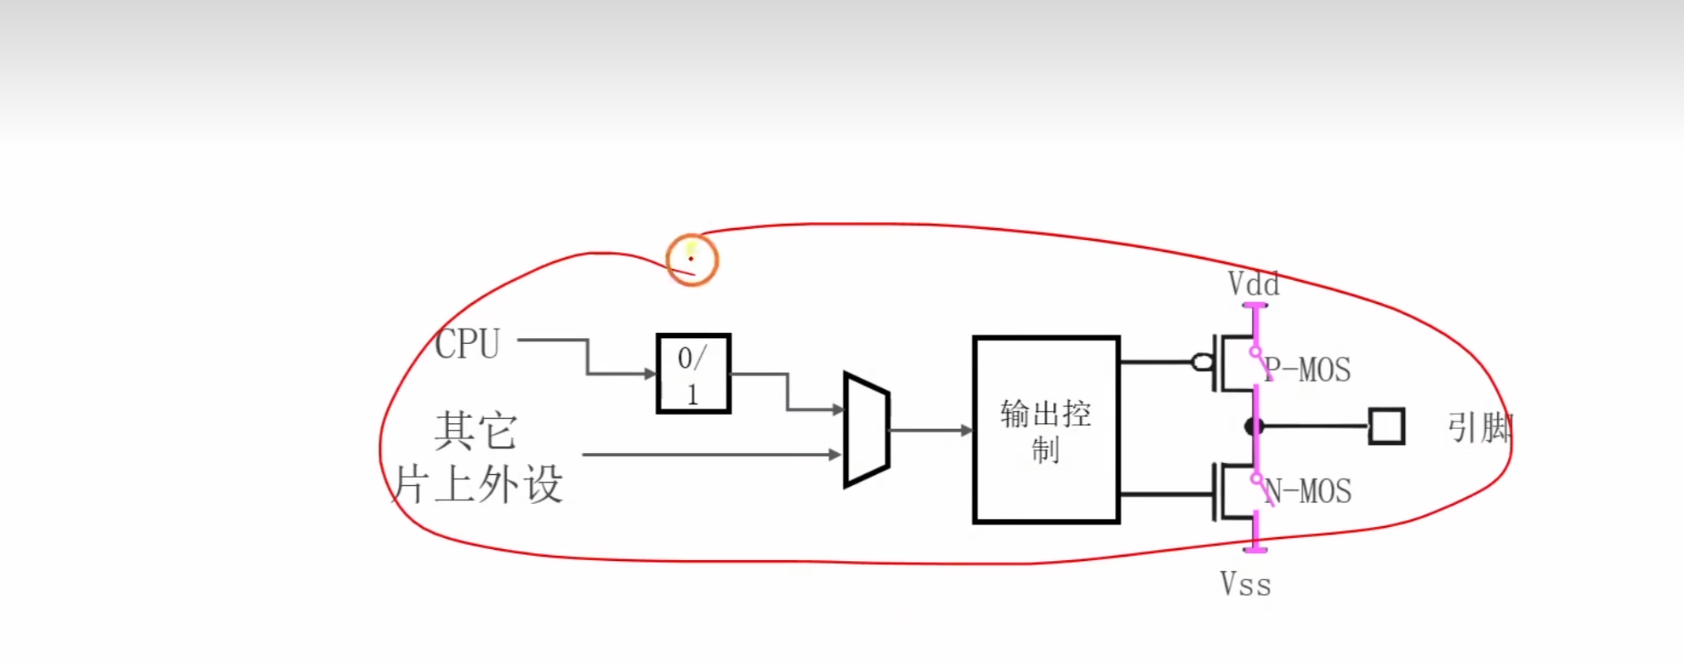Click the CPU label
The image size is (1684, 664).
[x=467, y=344]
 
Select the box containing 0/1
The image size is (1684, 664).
[x=693, y=374]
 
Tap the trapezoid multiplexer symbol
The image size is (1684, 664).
[x=867, y=429]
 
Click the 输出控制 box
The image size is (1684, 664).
[x=1046, y=430]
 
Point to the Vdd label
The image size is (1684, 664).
[x=1253, y=283]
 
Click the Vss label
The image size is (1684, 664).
[x=1245, y=585]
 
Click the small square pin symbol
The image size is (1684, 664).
[x=1386, y=426]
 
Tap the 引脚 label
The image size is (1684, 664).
[x=1479, y=427]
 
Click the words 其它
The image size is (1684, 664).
[x=475, y=430]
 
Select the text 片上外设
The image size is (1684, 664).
[x=478, y=484]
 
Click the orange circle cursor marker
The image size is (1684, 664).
[x=692, y=260]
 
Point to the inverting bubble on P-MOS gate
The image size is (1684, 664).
[x=1203, y=363]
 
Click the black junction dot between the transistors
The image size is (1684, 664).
[x=1254, y=426]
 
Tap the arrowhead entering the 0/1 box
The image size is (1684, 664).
[x=651, y=374]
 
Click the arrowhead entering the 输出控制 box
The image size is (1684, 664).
[x=966, y=431]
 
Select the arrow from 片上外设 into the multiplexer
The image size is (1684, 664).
[x=711, y=455]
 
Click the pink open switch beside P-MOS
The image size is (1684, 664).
[x=1260, y=361]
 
